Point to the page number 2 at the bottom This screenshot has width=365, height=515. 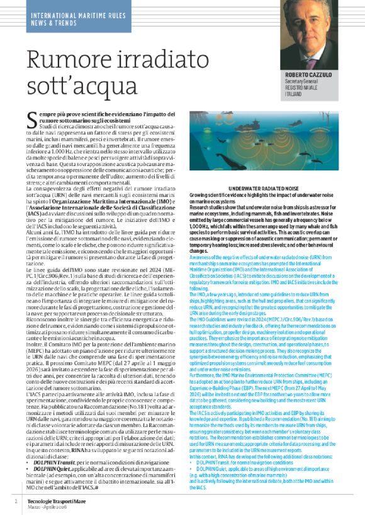point(15,502)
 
